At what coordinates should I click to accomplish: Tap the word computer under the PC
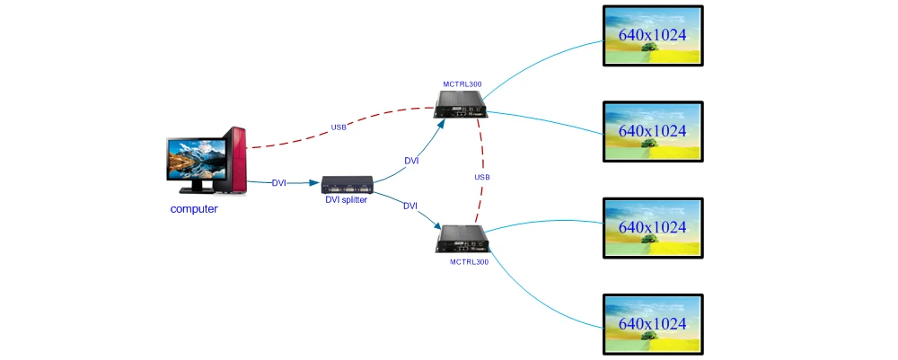click(194, 209)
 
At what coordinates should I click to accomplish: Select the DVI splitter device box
click(347, 185)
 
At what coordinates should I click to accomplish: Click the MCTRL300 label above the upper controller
click(462, 83)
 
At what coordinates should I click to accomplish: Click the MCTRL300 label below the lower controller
click(469, 262)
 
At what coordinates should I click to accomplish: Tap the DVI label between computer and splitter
click(279, 182)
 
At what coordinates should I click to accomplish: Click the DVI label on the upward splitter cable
click(411, 161)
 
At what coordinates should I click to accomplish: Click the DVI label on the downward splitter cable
click(410, 206)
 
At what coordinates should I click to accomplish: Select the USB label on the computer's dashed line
click(339, 127)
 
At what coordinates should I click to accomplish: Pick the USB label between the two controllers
click(482, 177)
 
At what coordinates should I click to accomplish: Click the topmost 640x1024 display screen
click(652, 36)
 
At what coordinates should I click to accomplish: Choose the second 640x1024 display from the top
click(652, 131)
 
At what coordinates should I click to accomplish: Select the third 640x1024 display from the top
click(652, 227)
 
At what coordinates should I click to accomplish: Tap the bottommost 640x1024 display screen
click(652, 323)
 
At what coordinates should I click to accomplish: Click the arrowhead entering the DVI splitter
click(315, 183)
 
